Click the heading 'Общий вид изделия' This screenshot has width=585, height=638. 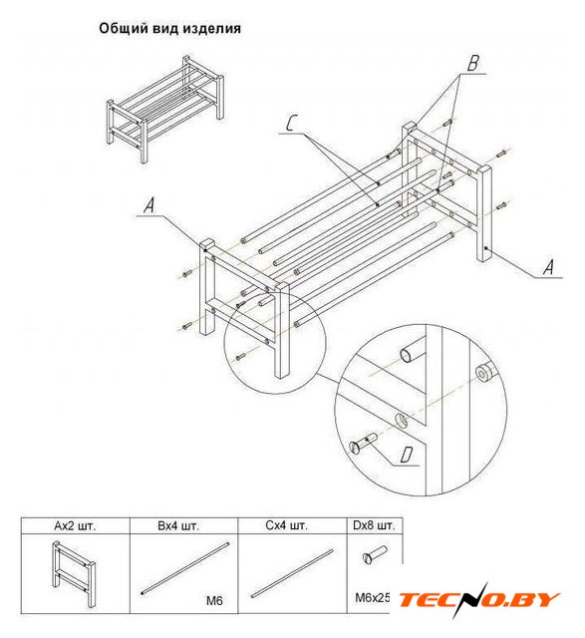click(169, 29)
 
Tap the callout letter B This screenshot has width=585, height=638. click(472, 63)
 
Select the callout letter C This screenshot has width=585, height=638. click(290, 123)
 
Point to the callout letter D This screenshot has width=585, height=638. click(406, 455)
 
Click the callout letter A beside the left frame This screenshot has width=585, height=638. click(149, 205)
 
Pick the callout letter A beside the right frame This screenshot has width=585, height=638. click(549, 267)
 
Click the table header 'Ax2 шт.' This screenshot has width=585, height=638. click(75, 525)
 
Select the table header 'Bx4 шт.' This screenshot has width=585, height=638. click(178, 525)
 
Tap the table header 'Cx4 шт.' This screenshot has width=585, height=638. click(286, 525)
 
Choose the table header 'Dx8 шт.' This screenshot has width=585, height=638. click(374, 525)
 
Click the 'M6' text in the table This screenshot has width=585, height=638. click(214, 600)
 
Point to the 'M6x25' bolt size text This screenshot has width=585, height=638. click(373, 598)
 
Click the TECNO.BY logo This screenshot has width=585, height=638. click(478, 600)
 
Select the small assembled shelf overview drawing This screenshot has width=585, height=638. click(164, 109)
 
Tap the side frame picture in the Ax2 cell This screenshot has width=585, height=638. click(73, 574)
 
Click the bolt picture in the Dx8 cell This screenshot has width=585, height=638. click(375, 555)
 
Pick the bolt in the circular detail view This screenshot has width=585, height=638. click(364, 444)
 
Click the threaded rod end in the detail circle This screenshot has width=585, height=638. click(485, 372)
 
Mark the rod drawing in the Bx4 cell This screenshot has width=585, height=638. click(184, 569)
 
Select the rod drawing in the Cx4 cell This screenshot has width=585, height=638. click(292, 573)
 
